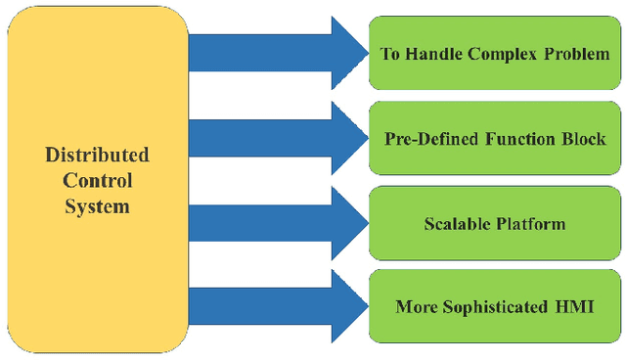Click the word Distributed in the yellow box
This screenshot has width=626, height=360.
98,156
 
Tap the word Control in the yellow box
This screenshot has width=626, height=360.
98,181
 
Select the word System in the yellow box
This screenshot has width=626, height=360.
98,206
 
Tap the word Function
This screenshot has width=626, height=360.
521,138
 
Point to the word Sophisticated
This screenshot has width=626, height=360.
495,307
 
